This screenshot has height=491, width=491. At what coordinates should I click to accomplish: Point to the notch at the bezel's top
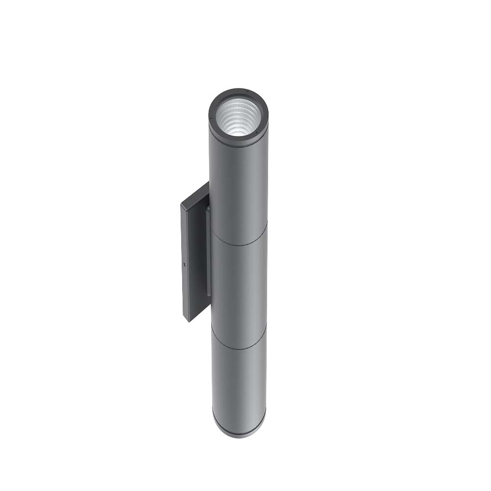[x=247, y=91]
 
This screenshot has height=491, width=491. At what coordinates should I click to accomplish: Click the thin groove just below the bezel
[x=239, y=142]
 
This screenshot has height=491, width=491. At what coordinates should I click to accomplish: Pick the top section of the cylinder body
[x=239, y=187]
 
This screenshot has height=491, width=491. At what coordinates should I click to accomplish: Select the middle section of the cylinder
[x=239, y=285]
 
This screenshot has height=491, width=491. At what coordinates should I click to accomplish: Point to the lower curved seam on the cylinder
[x=239, y=348]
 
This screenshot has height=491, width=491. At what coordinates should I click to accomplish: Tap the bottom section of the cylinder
[x=239, y=383]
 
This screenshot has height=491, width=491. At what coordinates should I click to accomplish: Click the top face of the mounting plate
[x=195, y=194]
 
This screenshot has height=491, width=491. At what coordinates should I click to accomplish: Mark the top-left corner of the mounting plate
[x=181, y=205]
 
